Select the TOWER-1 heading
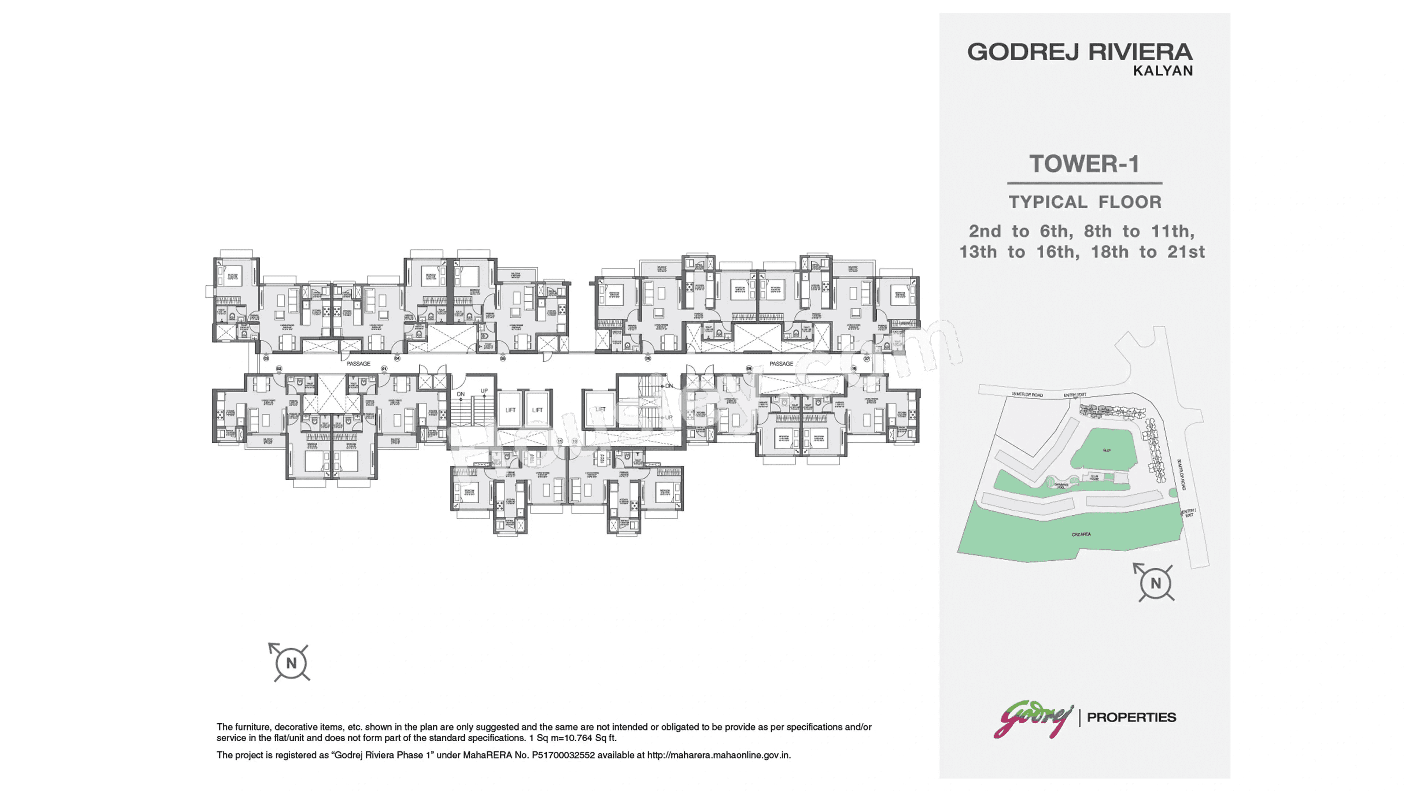[1084, 164]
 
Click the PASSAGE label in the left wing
[358, 364]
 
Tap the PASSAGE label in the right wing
[781, 364]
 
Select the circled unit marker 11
[559, 441]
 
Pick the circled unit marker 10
[574, 441]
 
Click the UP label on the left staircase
[484, 391]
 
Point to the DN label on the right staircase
[669, 386]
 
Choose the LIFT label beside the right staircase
[600, 409]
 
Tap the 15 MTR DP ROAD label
[1027, 394]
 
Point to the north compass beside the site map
[1155, 583]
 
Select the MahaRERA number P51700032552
[563, 755]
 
